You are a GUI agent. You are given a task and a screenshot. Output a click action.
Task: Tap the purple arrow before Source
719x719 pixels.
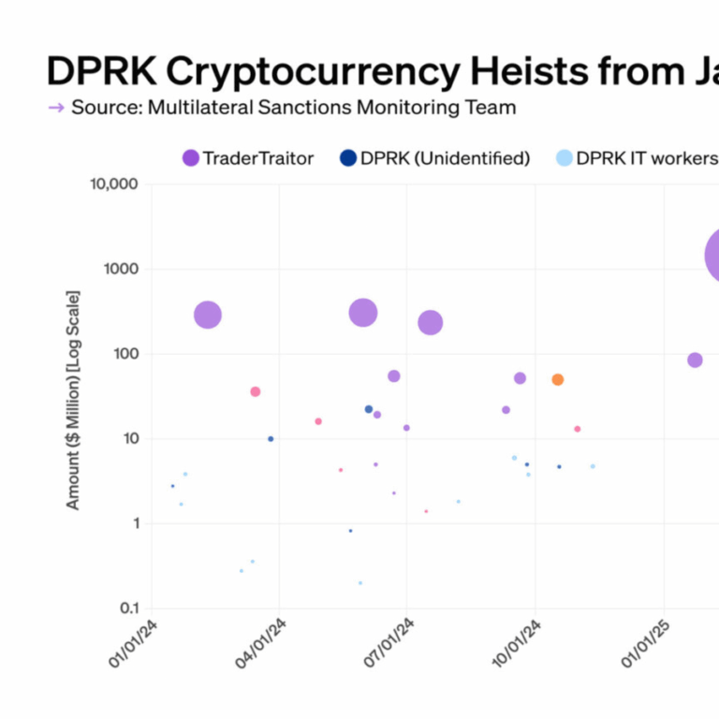(x=56, y=108)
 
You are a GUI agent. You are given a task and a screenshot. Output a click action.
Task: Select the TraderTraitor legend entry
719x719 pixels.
(x=249, y=158)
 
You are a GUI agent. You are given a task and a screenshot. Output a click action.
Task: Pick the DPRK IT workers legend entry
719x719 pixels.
(x=637, y=158)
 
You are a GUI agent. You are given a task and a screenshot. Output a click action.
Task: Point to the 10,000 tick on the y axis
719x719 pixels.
(x=114, y=184)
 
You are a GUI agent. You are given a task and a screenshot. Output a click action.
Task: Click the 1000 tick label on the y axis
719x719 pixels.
(x=121, y=270)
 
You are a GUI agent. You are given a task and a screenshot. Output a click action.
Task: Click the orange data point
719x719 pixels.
(x=558, y=379)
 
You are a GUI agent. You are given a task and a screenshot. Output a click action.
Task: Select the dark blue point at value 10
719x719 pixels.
(x=271, y=438)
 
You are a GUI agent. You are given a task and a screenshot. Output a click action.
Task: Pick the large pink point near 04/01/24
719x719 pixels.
(x=255, y=391)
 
